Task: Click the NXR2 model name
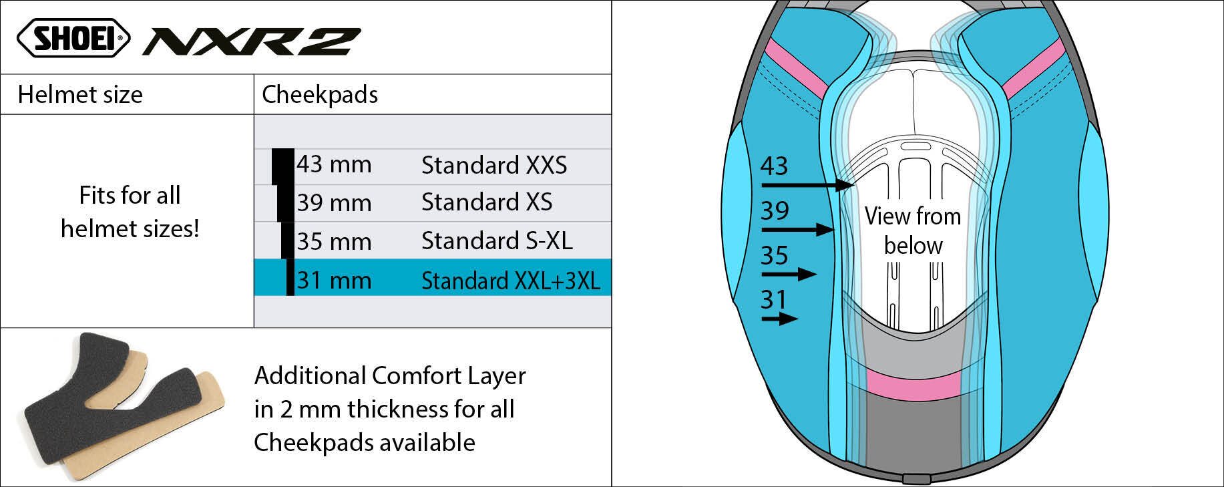[x=251, y=41]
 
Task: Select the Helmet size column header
[x=80, y=94]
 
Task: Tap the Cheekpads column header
[x=320, y=94]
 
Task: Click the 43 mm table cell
[x=333, y=164]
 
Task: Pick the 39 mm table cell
[x=333, y=202]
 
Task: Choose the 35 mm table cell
[x=333, y=241]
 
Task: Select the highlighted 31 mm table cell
[x=333, y=280]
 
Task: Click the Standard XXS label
[x=493, y=165]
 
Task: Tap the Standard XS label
[x=487, y=202]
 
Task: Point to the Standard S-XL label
[x=497, y=241]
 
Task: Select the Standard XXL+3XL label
[x=510, y=281]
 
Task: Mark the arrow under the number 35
[x=789, y=274]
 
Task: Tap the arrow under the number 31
[x=779, y=319]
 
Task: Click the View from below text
[x=913, y=230]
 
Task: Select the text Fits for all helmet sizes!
[x=130, y=212]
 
